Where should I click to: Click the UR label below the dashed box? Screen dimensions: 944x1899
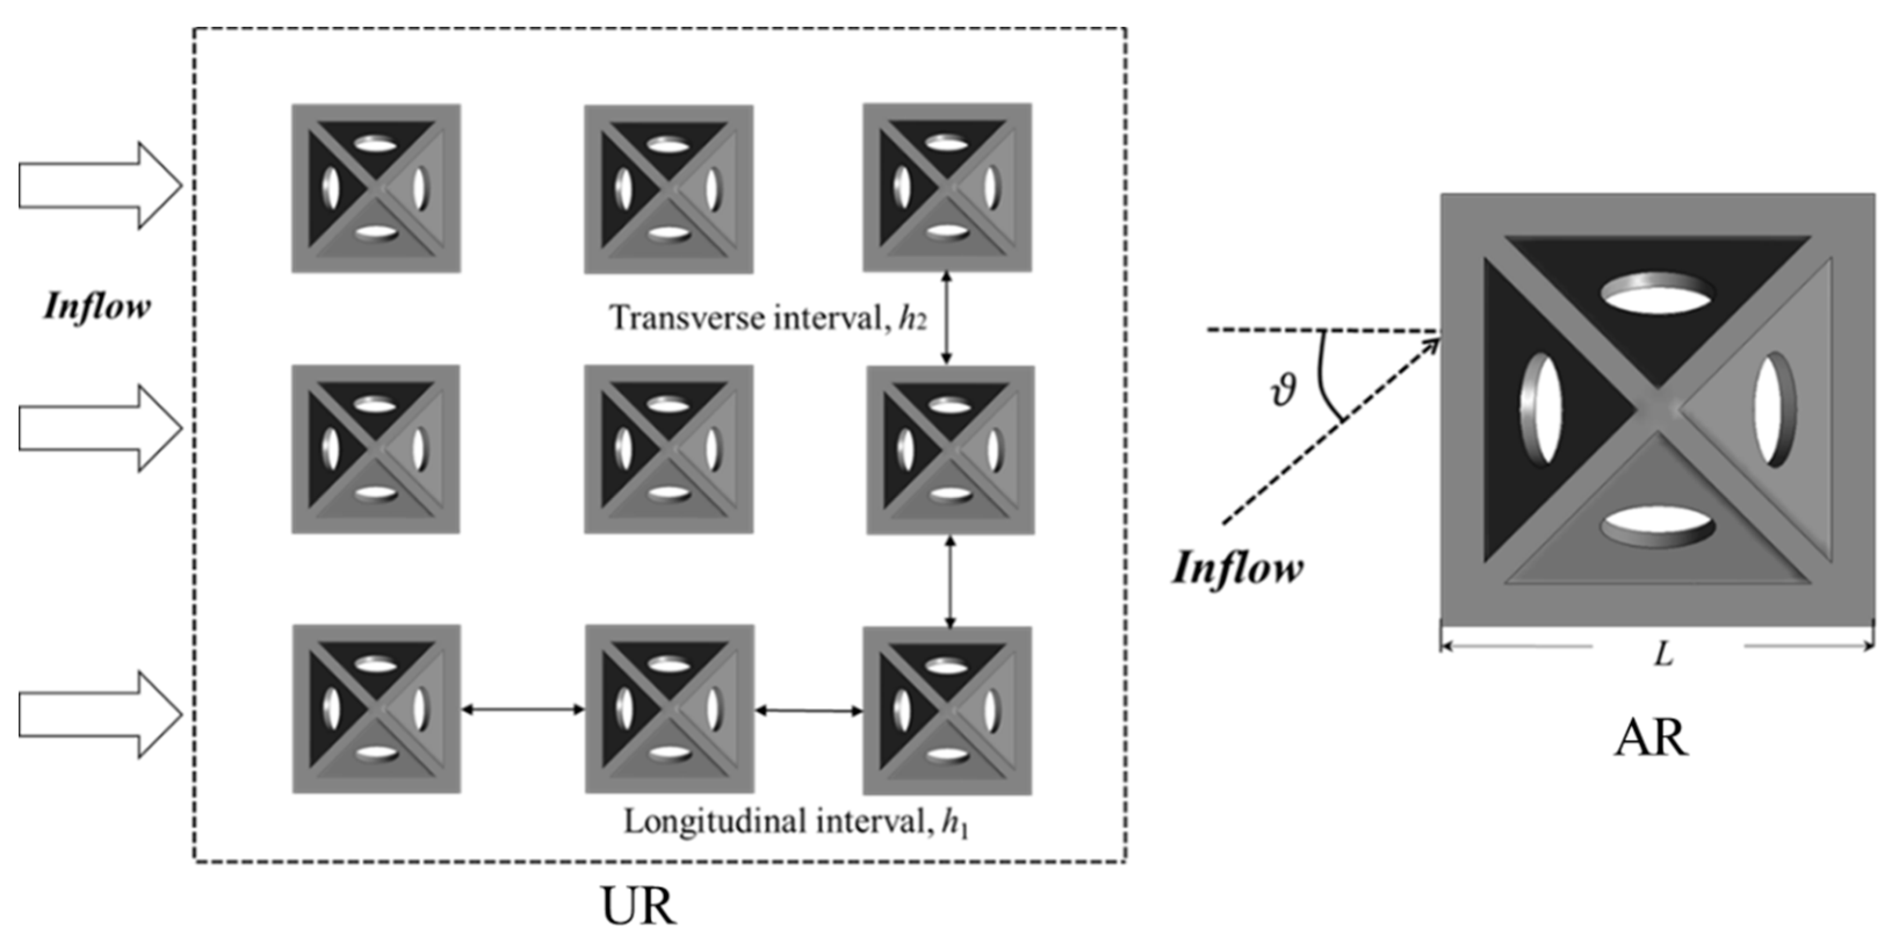pos(638,906)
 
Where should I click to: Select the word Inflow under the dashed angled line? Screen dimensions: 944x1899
pos(1237,568)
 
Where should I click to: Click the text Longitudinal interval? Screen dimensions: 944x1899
pos(777,821)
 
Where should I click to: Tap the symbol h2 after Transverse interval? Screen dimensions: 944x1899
pos(912,319)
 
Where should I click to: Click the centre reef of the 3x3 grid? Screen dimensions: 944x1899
pos(668,449)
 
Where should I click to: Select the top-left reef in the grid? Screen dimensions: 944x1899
pos(376,189)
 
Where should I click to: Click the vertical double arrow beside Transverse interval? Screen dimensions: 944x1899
pos(946,318)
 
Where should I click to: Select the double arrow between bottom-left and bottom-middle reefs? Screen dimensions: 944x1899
pos(523,709)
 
